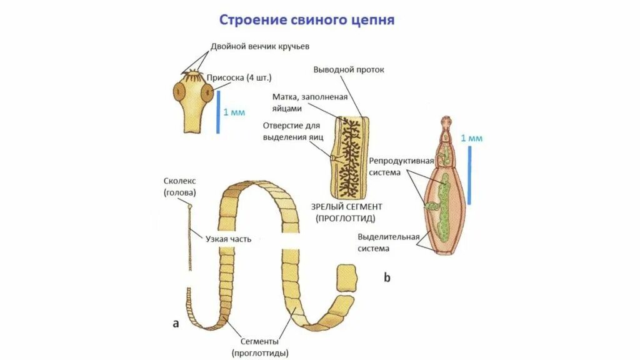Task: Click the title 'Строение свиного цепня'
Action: coord(306,20)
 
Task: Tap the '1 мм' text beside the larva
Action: coord(472,138)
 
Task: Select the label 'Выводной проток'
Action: coord(349,69)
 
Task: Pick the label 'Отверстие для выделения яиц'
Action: coord(292,131)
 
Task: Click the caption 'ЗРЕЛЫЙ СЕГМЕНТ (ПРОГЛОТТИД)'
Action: coord(346,212)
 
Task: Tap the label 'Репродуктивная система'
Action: coord(401,166)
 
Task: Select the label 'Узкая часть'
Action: coord(228,239)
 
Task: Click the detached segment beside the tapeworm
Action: coord(346,277)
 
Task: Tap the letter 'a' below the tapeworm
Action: coord(176,323)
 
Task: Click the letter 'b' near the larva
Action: coord(387,277)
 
